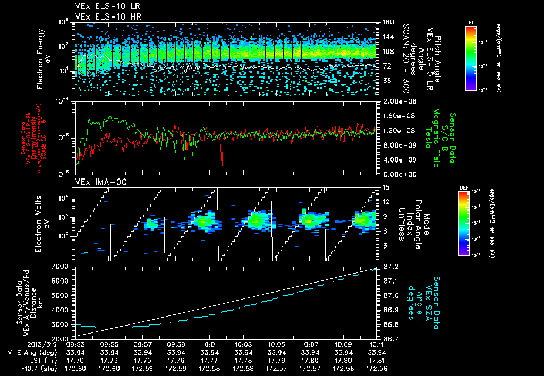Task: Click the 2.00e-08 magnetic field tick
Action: pyautogui.click(x=396, y=101)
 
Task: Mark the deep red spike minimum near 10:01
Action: pyautogui.click(x=222, y=165)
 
